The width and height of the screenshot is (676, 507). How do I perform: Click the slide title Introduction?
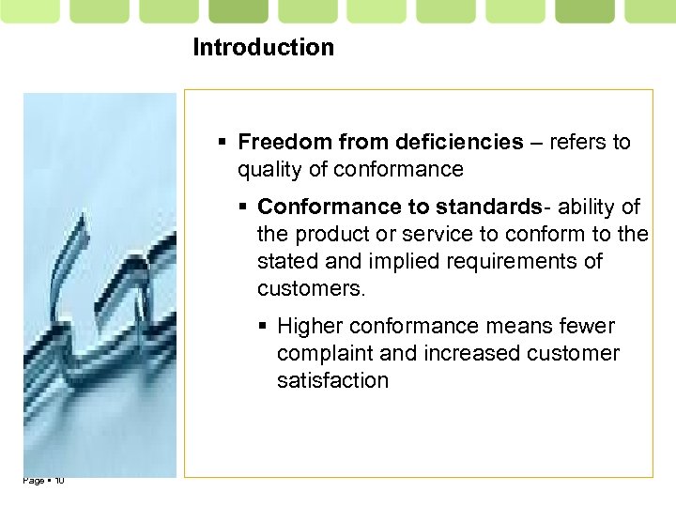coord(263,47)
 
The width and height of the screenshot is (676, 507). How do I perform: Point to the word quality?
coord(268,169)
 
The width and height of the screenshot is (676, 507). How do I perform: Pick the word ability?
coord(590,206)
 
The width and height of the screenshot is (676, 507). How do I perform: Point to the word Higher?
coord(309,326)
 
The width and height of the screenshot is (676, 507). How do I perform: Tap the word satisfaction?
coord(332,380)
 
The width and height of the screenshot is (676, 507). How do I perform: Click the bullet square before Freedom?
coord(223,143)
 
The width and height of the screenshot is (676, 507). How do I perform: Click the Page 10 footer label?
coord(43,481)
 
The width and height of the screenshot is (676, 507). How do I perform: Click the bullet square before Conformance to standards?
coord(243,207)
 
